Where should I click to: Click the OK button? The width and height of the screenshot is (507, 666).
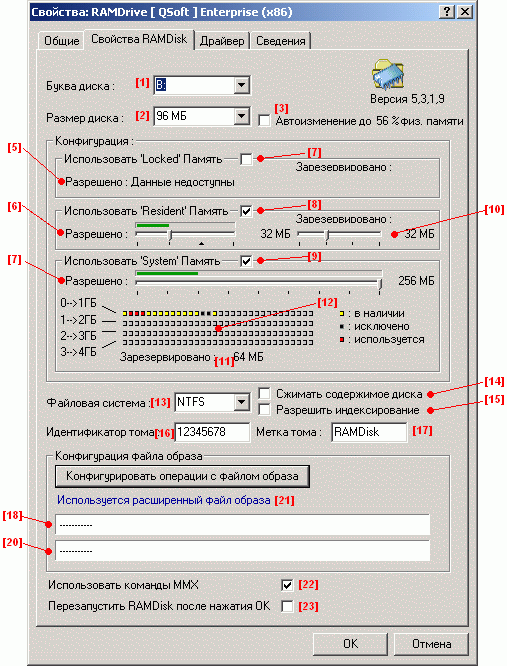(x=350, y=644)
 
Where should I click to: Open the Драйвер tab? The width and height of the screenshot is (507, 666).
(x=222, y=41)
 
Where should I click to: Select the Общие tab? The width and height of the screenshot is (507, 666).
(x=62, y=41)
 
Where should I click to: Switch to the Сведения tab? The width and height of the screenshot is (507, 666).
(x=281, y=41)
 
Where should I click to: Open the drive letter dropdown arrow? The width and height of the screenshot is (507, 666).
(x=241, y=85)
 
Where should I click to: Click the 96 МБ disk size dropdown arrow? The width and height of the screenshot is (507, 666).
(x=241, y=116)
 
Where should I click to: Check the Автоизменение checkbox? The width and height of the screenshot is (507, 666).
(x=264, y=121)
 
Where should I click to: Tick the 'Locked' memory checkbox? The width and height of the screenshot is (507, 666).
(x=246, y=159)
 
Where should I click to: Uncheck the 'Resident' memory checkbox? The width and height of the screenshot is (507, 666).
(x=246, y=211)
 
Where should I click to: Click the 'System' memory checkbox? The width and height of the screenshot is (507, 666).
(x=246, y=261)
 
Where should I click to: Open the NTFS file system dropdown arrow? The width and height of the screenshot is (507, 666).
(x=241, y=402)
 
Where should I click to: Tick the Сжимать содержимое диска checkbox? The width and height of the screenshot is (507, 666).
(x=264, y=393)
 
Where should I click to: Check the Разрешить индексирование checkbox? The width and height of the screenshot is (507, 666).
(x=264, y=409)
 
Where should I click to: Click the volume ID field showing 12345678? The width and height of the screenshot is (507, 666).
(x=212, y=432)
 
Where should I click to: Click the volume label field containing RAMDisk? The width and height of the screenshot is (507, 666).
(x=369, y=432)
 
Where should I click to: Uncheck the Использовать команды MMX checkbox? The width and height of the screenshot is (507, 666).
(x=287, y=585)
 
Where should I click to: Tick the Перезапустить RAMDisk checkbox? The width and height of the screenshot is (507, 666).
(x=287, y=606)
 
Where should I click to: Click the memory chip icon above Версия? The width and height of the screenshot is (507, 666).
(x=388, y=75)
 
